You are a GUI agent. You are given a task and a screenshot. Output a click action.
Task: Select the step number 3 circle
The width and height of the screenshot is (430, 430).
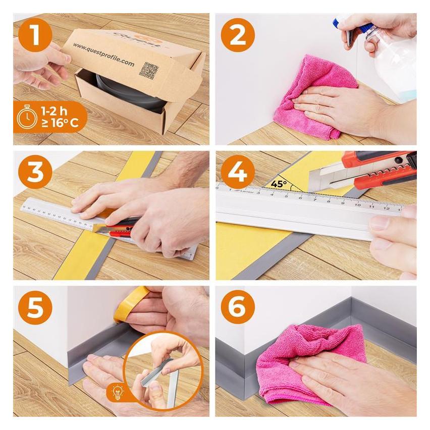point(35,172)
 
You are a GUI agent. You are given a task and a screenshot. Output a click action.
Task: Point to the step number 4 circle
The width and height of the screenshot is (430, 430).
point(237,172)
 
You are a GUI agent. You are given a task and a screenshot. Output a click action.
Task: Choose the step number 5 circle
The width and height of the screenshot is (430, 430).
point(35,307)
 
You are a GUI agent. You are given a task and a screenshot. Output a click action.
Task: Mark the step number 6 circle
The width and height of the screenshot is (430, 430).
point(237,307)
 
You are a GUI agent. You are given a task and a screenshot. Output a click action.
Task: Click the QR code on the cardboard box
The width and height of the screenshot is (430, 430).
point(147,71)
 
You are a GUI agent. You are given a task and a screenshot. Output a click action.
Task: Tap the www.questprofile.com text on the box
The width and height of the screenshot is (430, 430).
point(103,55)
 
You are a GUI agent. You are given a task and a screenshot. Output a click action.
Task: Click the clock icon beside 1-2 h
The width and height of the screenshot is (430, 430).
point(27,117)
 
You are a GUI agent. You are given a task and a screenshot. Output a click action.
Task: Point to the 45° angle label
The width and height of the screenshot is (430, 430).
point(279,184)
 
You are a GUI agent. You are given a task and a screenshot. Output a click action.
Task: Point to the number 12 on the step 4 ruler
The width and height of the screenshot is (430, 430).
point(386,207)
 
